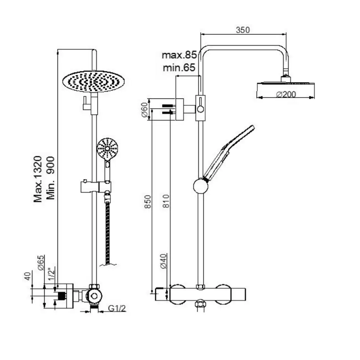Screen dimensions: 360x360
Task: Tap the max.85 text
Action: (179, 55)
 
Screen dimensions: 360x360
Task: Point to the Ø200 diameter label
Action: (286, 94)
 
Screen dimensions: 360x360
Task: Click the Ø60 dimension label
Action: (144, 109)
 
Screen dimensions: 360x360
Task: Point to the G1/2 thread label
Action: (117, 308)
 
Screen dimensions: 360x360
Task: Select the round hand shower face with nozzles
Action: (107, 148)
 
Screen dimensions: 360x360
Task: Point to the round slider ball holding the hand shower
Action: (201, 186)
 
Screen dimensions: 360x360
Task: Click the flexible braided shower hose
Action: (107, 230)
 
